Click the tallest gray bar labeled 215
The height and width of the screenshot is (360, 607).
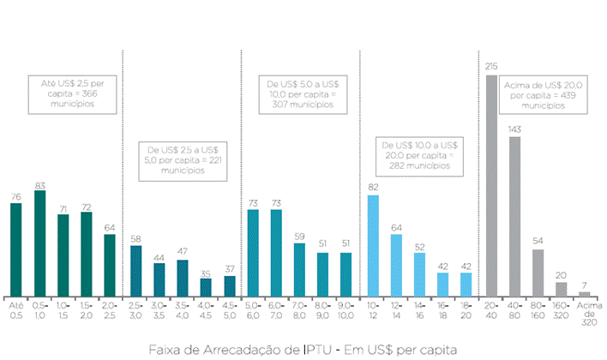(491, 185)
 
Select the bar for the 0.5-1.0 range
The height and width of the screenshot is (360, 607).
(39, 243)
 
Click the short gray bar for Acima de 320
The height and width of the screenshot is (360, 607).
(585, 294)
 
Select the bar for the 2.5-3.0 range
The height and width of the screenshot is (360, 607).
(135, 271)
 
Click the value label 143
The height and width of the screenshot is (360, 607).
(514, 129)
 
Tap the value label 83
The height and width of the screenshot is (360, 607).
(39, 185)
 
